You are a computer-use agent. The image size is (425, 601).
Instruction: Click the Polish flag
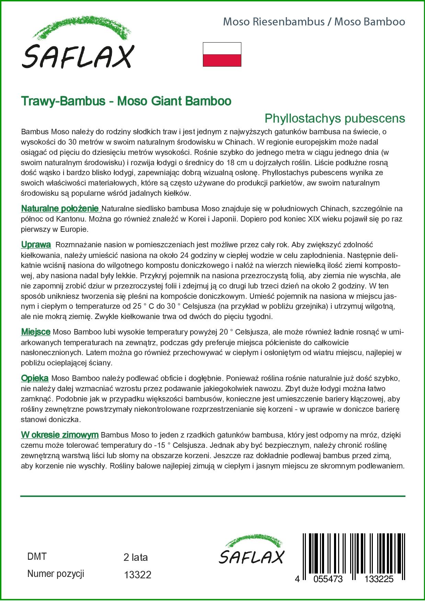pos(222,54)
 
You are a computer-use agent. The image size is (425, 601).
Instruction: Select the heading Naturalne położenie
pos(60,208)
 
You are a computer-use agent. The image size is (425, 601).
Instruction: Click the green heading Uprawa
pos(36,245)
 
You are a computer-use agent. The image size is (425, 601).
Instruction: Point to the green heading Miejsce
pos(36,332)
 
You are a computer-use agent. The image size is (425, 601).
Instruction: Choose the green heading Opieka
pos(35,378)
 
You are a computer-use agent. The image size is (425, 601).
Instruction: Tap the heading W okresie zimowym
pos(60,435)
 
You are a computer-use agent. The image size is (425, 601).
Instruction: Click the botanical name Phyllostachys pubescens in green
pos(335,118)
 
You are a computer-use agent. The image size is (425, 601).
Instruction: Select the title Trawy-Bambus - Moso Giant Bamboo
pos(126,101)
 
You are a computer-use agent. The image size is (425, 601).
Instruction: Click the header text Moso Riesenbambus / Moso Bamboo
pos(314,22)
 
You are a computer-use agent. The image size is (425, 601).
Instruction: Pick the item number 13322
pos(137,575)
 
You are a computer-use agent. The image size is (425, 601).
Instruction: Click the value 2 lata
pos(135,557)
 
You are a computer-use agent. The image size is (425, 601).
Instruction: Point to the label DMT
pos(37,556)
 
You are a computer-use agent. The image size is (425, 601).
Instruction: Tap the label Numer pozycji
pos(56,574)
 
